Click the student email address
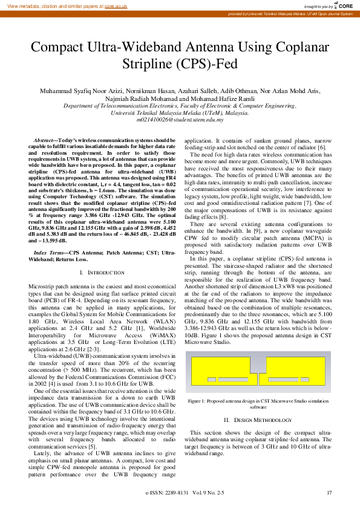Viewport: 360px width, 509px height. [180, 119]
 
